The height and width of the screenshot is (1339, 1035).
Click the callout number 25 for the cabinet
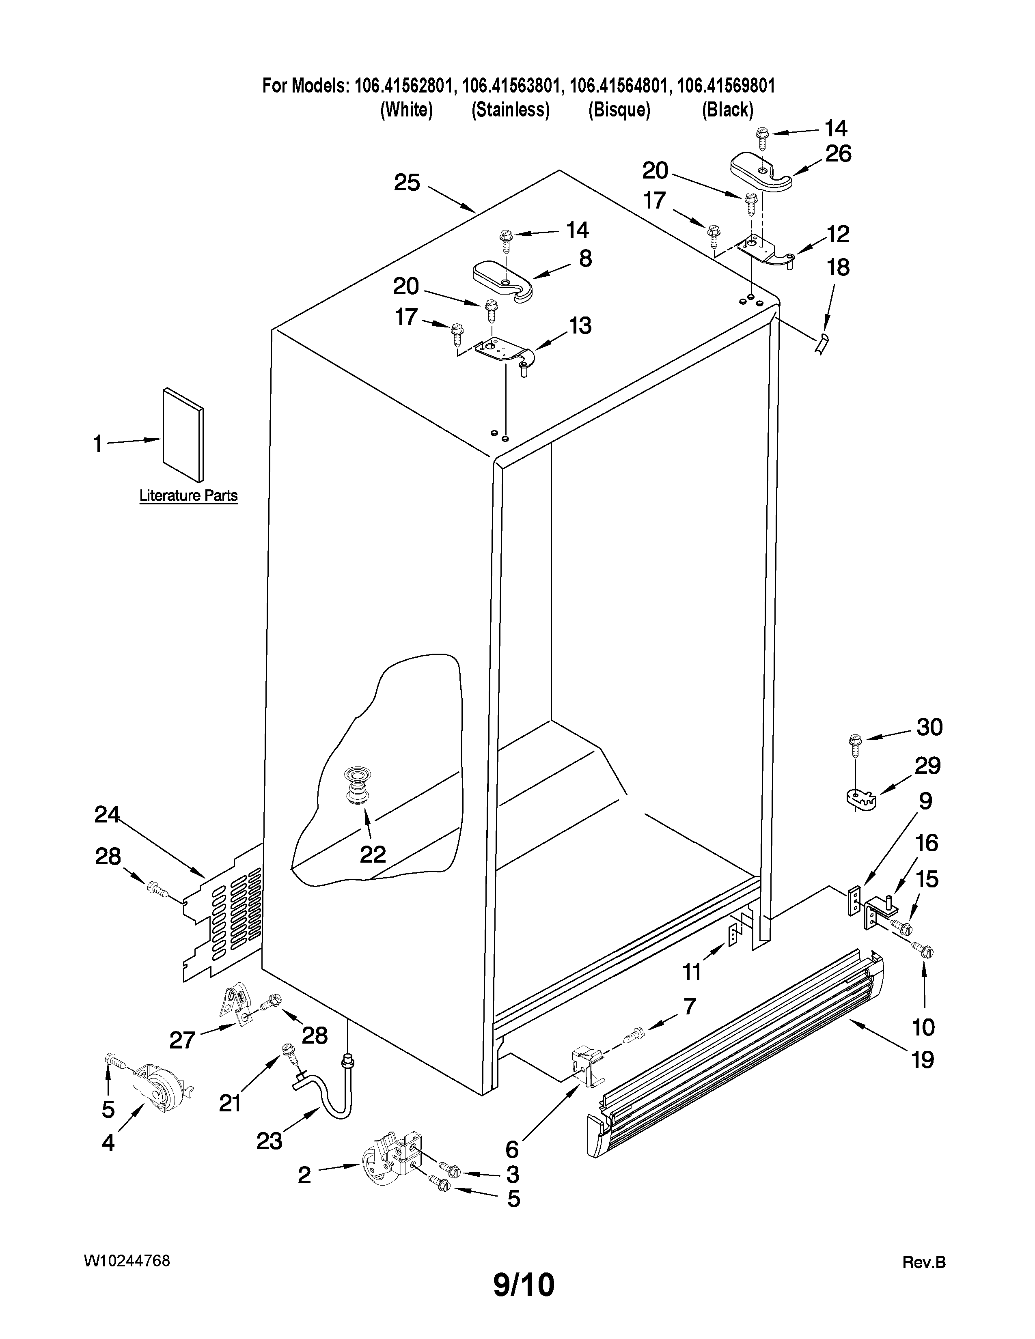pos(407,182)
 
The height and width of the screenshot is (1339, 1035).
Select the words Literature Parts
pos(188,495)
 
